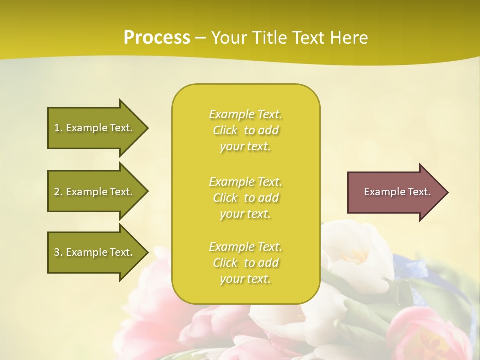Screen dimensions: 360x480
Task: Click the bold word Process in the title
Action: pyautogui.click(x=157, y=37)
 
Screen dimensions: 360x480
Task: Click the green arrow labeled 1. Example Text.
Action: pyautogui.click(x=95, y=128)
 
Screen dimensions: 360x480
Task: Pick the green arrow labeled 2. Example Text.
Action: pyautogui.click(x=95, y=192)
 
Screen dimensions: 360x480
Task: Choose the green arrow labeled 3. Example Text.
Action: pyautogui.click(x=95, y=252)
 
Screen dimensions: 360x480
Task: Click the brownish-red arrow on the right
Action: pyautogui.click(x=395, y=192)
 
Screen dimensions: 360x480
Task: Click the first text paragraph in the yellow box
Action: pyautogui.click(x=245, y=130)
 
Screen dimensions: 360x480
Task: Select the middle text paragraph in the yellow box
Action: pyautogui.click(x=245, y=198)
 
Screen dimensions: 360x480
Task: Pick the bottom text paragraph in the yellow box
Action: pyautogui.click(x=245, y=263)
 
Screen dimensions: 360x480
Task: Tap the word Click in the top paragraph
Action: pyautogui.click(x=225, y=130)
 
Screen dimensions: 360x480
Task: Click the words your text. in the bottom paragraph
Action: pyautogui.click(x=245, y=279)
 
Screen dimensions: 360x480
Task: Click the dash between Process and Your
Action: pyautogui.click(x=201, y=38)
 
